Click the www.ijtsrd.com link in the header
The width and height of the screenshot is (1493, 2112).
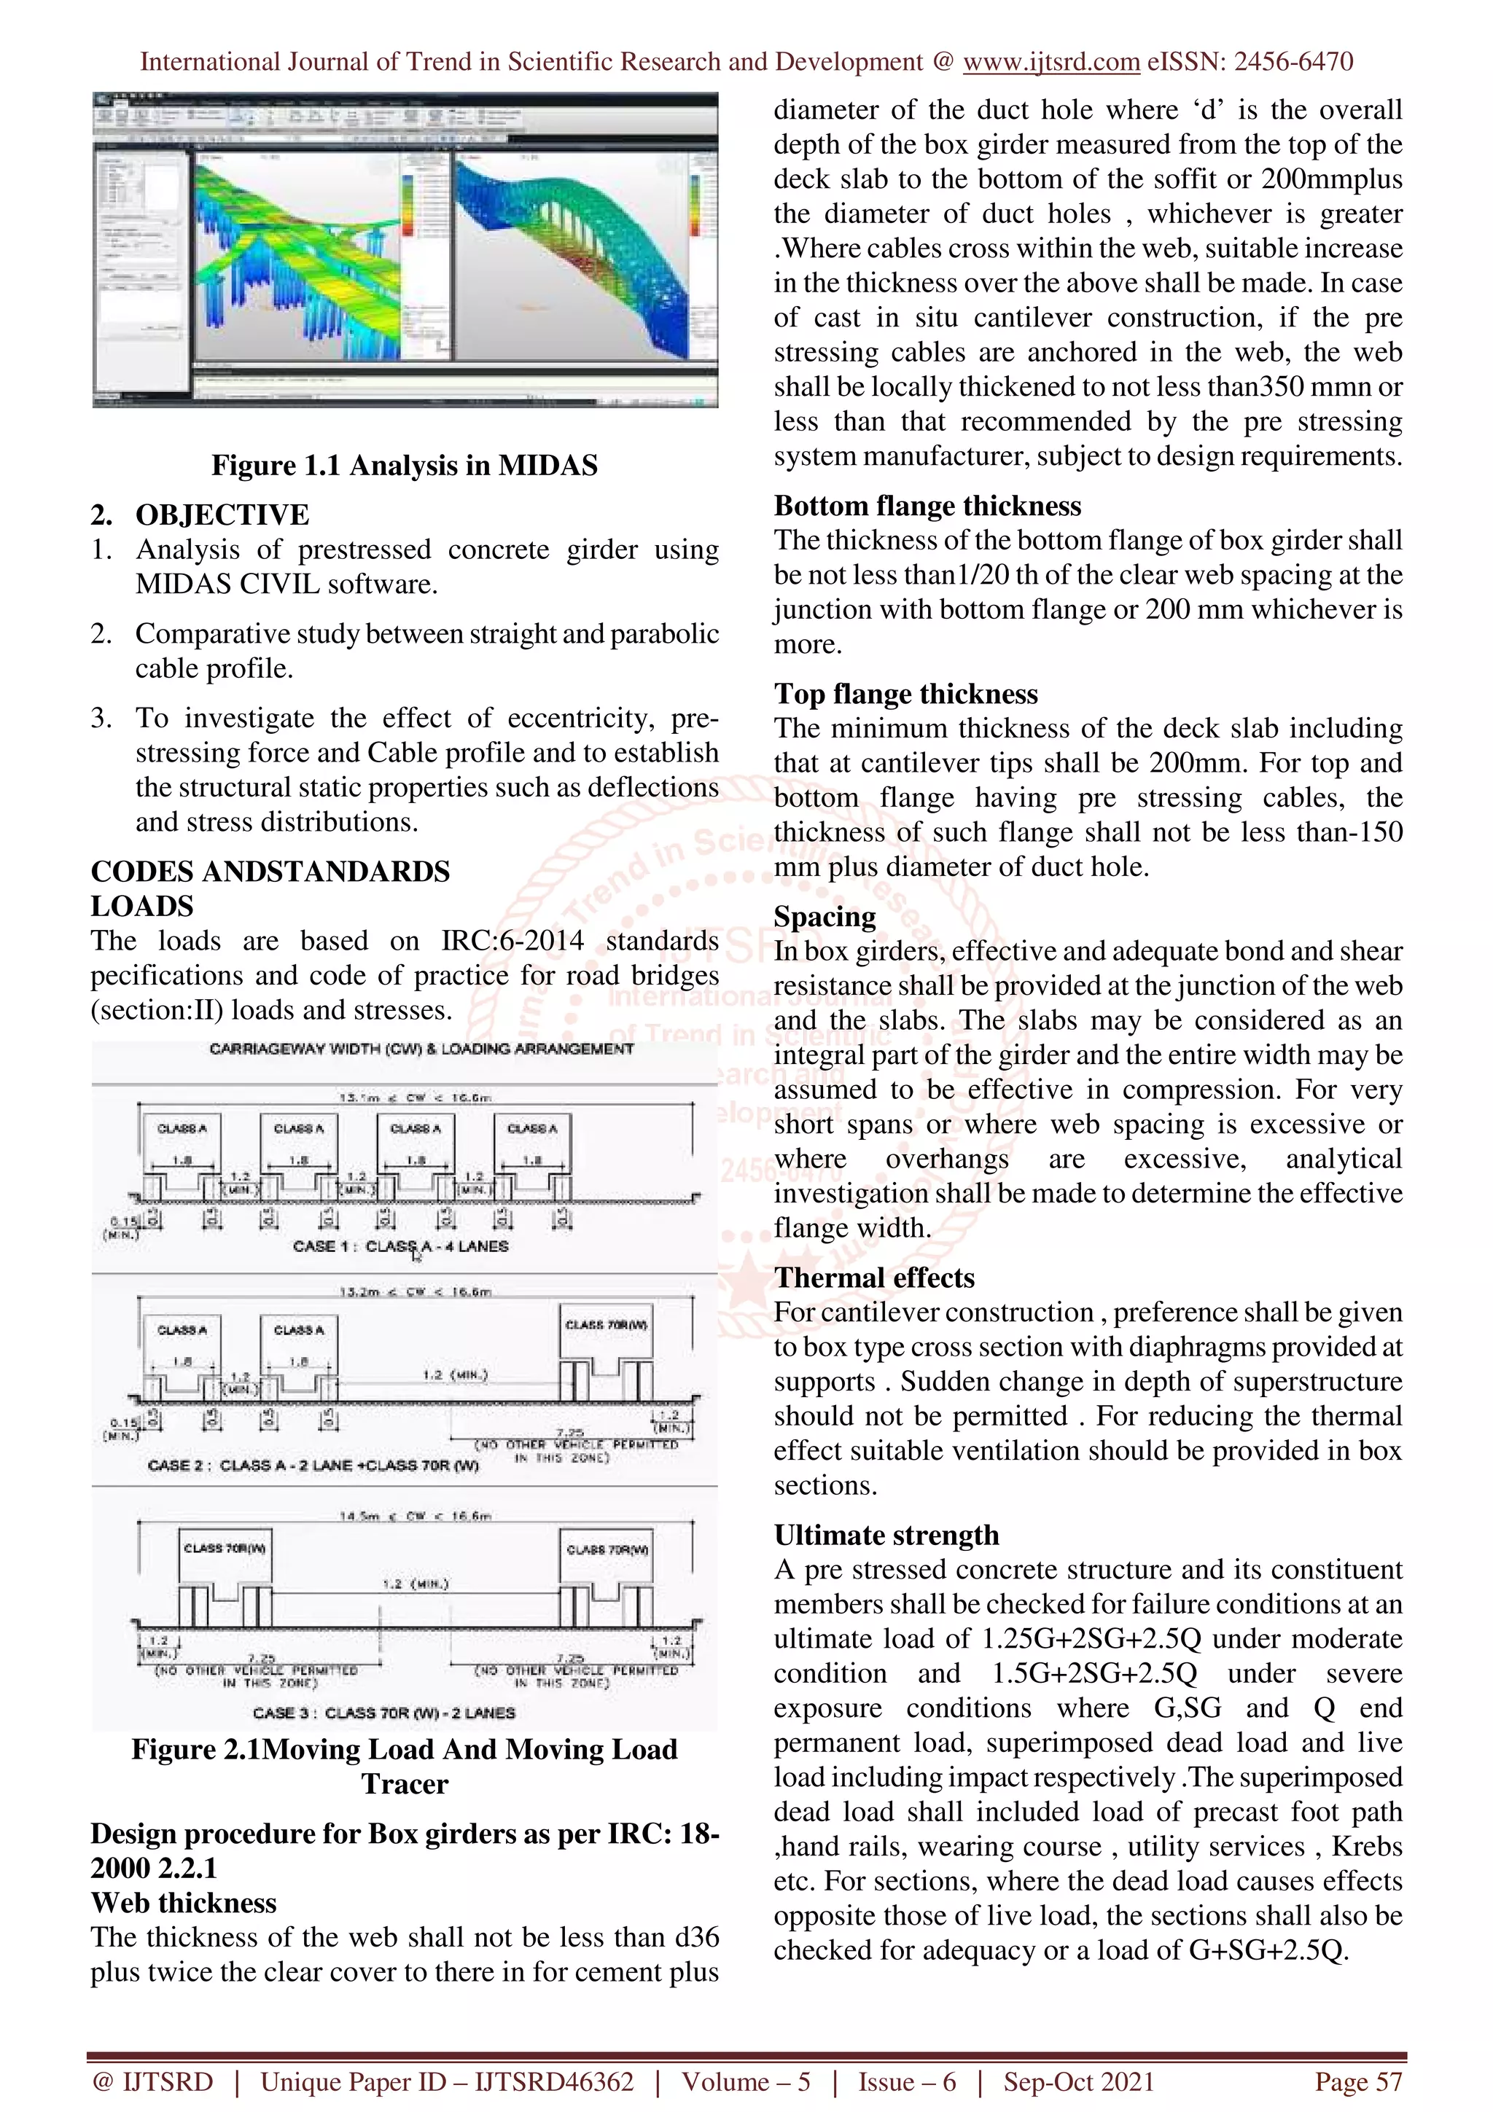[1050, 62]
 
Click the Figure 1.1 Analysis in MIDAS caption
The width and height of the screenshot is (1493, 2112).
[404, 466]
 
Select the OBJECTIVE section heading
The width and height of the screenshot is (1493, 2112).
[222, 515]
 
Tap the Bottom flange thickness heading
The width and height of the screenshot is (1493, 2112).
[927, 506]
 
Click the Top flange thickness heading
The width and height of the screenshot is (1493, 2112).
[905, 694]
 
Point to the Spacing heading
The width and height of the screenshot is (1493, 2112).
[825, 916]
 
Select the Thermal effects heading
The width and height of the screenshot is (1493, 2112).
[874, 1278]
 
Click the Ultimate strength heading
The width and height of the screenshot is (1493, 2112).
[886, 1536]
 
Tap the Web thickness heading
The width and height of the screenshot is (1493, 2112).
[183, 1902]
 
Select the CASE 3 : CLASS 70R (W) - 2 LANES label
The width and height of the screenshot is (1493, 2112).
[383, 1713]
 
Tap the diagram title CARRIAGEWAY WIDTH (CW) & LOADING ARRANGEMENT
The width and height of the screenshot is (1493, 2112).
[421, 1049]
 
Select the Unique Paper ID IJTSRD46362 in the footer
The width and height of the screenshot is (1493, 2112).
[447, 2081]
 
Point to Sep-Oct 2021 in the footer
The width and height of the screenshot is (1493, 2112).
[1078, 2081]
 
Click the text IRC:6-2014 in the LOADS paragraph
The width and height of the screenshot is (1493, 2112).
[512, 941]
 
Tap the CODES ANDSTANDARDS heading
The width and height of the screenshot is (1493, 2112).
[270, 871]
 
